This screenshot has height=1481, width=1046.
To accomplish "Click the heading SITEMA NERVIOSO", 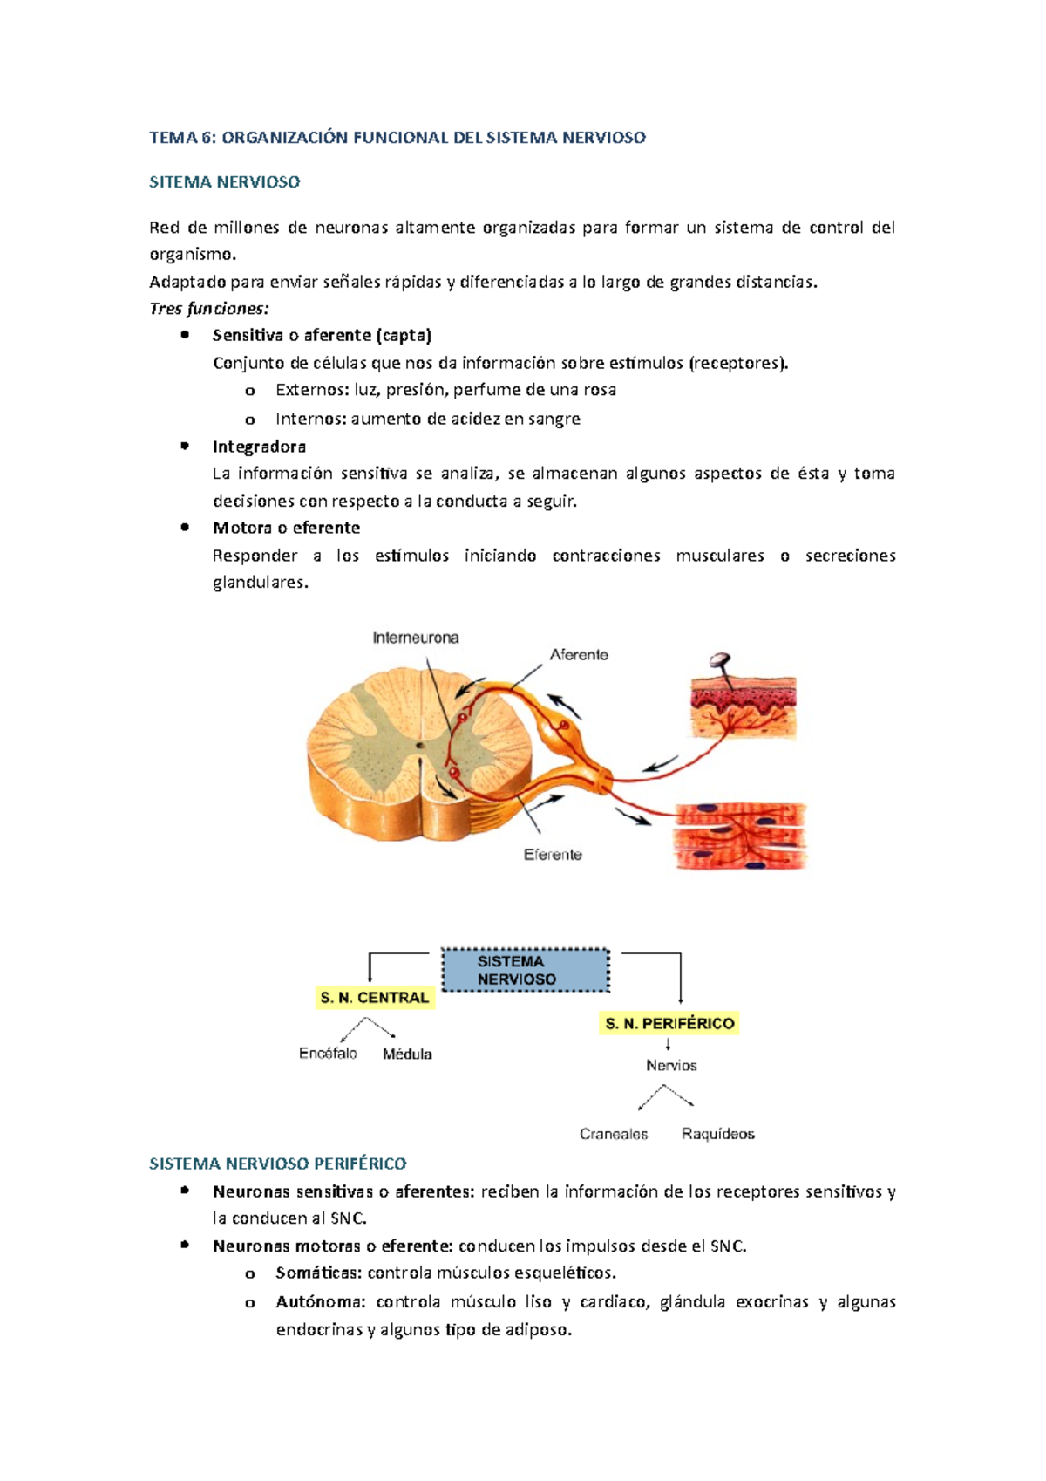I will click(x=224, y=182).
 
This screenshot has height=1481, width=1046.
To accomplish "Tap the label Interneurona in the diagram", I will click(x=416, y=638).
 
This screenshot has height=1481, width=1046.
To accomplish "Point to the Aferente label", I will click(x=579, y=654).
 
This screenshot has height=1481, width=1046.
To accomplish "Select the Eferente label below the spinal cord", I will click(x=553, y=855).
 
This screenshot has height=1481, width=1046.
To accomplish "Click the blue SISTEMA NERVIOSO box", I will click(x=525, y=970).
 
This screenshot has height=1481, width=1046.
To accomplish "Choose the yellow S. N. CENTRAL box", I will click(x=374, y=998).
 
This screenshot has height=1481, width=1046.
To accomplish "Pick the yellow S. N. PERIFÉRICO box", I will click(x=669, y=1023).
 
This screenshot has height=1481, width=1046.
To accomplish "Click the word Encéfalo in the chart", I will click(x=328, y=1054).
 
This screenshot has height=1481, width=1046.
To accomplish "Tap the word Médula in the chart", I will click(x=407, y=1054).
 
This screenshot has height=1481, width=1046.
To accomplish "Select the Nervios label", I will click(x=671, y=1065).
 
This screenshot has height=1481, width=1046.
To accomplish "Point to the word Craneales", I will click(x=614, y=1134).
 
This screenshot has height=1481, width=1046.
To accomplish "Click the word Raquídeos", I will click(x=718, y=1134).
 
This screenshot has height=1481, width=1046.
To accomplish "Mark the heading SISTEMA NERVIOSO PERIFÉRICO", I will click(x=277, y=1164).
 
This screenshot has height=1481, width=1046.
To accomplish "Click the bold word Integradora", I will click(x=259, y=447).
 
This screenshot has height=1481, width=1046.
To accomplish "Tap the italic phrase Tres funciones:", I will click(x=209, y=309).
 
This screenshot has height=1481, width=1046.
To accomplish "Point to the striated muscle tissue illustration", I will click(x=741, y=836).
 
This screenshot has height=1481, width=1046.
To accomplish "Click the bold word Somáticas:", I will click(x=318, y=1273).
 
